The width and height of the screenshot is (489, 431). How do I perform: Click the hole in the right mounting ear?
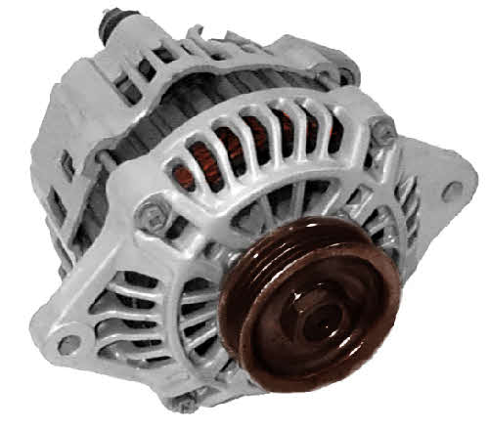pos(451,191)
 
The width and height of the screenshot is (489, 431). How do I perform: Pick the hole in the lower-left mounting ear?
pos(67,344)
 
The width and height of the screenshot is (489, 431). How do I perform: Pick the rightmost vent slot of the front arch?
pos(342,147)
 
